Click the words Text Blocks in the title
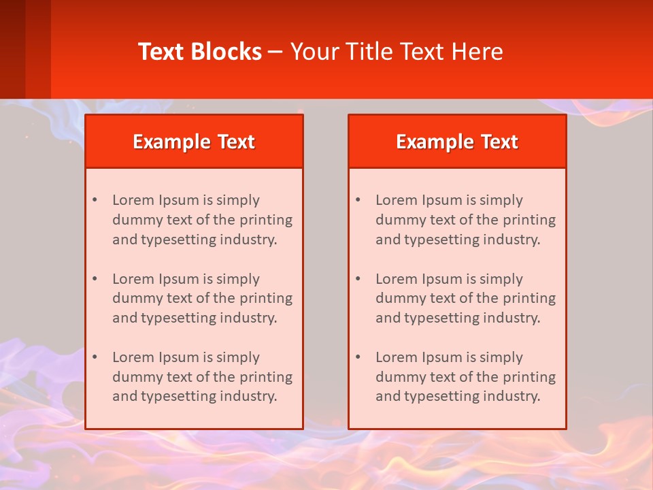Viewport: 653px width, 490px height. (x=199, y=52)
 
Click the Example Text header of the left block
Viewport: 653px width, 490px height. (x=194, y=142)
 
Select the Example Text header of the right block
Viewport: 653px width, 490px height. (x=457, y=142)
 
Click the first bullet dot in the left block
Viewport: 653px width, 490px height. (x=95, y=200)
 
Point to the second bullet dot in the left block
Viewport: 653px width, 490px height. (x=95, y=279)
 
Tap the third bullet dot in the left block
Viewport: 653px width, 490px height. (x=95, y=357)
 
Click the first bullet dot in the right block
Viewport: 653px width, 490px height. (x=358, y=200)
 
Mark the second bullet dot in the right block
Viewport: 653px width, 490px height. (x=358, y=279)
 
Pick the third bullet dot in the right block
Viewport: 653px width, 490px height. (x=358, y=357)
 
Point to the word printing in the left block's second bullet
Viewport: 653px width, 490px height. (x=267, y=298)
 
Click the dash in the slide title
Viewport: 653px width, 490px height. (x=275, y=52)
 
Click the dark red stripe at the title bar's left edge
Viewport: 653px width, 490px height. (x=12, y=49)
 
